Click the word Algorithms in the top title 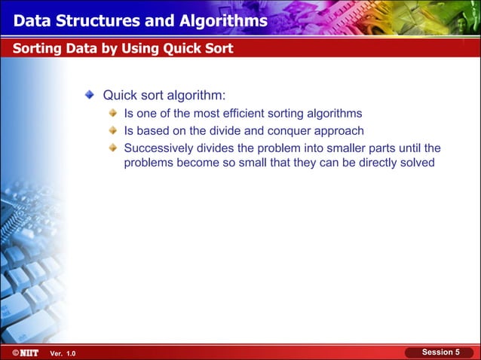point(220,21)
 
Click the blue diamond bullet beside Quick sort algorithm point(90,96)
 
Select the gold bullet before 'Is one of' point(113,114)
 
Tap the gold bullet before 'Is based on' point(113,130)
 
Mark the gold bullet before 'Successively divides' point(113,147)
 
